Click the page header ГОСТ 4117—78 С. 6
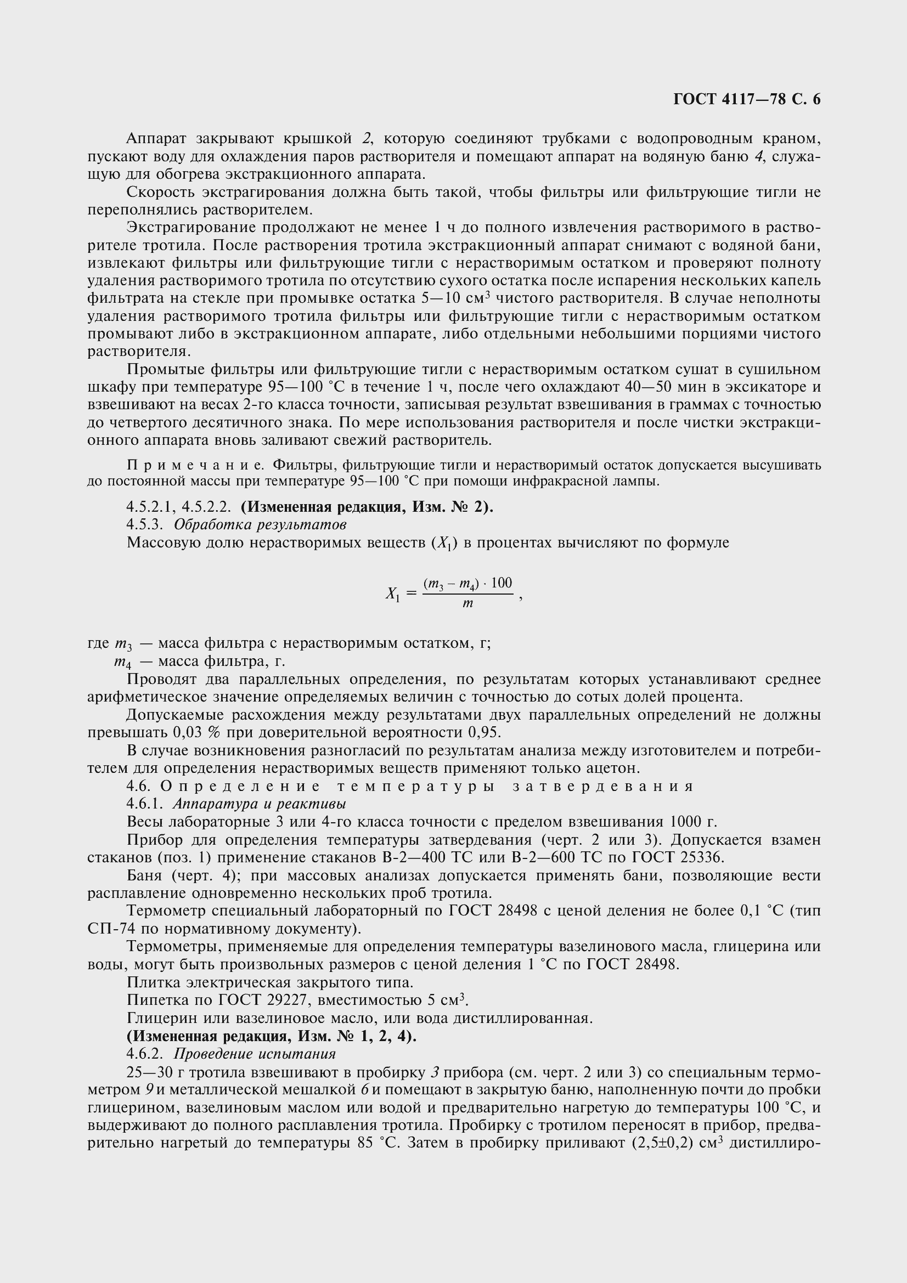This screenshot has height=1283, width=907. (x=747, y=99)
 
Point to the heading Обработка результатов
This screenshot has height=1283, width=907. (x=260, y=525)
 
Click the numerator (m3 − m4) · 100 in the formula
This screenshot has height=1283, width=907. (x=467, y=584)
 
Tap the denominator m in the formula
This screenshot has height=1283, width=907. (x=467, y=604)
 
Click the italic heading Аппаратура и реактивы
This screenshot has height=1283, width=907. (x=260, y=804)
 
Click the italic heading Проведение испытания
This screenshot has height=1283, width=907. (x=255, y=1054)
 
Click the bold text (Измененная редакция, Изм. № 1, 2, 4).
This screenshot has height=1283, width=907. (x=272, y=1036)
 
